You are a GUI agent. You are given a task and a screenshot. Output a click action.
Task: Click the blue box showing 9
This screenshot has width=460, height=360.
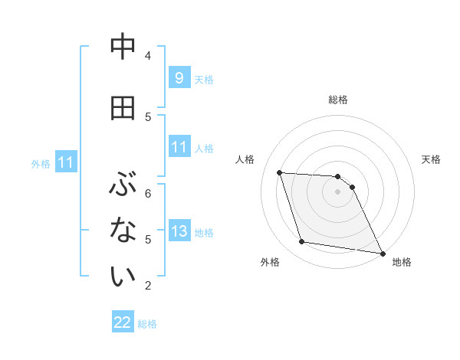click(x=179, y=77)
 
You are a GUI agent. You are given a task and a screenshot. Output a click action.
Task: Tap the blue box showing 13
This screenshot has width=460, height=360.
click(x=179, y=231)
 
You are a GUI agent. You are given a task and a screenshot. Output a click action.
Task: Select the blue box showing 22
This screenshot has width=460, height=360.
click(x=123, y=322)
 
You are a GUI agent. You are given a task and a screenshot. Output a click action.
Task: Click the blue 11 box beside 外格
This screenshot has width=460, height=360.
click(x=66, y=162)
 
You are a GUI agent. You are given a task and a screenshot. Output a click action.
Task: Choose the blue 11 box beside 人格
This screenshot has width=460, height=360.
click(x=179, y=147)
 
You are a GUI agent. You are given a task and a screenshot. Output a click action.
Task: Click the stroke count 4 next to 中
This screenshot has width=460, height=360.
click(x=148, y=56)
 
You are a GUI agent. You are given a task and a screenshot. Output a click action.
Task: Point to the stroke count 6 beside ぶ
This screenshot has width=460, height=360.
click(x=148, y=193)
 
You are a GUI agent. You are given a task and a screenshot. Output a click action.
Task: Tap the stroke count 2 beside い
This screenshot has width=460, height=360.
click(x=148, y=286)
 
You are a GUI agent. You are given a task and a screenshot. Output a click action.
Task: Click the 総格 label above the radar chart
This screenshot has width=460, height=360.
click(x=338, y=100)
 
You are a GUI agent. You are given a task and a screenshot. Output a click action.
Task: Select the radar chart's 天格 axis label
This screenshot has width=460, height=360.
click(x=432, y=159)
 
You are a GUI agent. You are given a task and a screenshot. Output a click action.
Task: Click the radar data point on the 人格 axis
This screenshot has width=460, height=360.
click(x=279, y=172)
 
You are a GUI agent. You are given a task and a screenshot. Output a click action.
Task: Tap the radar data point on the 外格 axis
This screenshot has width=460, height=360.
click(x=302, y=242)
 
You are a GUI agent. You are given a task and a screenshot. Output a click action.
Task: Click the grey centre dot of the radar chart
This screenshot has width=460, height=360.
click(x=338, y=191)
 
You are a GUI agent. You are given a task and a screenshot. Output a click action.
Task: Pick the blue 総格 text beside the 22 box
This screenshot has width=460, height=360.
click(x=147, y=324)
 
